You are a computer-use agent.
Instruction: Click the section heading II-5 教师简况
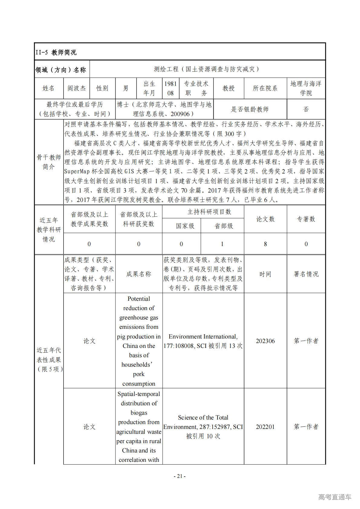pyautogui.click(x=56, y=52)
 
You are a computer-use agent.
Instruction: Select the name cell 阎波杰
pyautogui.click(x=76, y=88)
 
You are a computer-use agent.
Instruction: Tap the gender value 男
pyautogui.click(x=126, y=88)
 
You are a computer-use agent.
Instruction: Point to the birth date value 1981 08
pyautogui.click(x=170, y=88)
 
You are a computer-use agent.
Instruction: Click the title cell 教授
pyautogui.click(x=229, y=88)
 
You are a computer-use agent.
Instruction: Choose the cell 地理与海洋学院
pyautogui.click(x=306, y=88)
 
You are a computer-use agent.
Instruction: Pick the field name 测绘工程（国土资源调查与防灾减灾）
pyautogui.click(x=207, y=69)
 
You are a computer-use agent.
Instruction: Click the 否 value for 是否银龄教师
pyautogui.click(x=306, y=109)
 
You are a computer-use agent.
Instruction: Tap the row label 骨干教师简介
pyautogui.click(x=49, y=162)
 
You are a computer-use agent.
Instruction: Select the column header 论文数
pyautogui.click(x=265, y=219)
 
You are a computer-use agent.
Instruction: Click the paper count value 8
pyautogui.click(x=265, y=244)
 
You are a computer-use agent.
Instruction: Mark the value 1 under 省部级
pyautogui.click(x=222, y=244)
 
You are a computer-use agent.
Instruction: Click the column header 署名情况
pyautogui.click(x=306, y=274)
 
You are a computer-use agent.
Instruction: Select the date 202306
pyautogui.click(x=265, y=341)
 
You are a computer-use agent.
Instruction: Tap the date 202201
pyautogui.click(x=265, y=427)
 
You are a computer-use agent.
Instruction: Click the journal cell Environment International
pyautogui.click(x=203, y=341)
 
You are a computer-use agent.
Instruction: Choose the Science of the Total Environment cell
pyautogui.click(x=203, y=427)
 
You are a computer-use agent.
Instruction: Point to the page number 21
pyautogui.click(x=180, y=476)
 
